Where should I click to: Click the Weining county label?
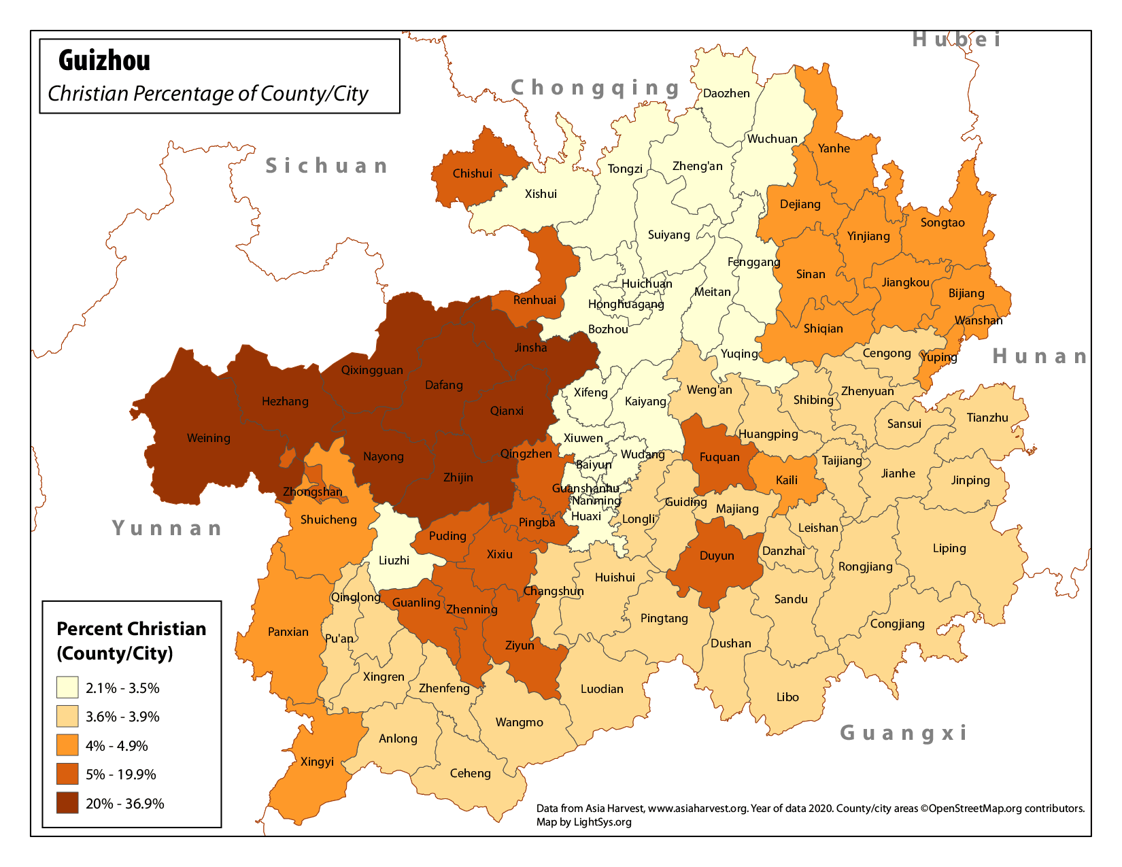208,439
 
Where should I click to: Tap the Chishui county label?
472,173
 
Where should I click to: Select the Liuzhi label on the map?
394,560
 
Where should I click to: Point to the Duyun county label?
717,556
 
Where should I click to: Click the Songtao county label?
942,222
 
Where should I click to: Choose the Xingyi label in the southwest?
317,762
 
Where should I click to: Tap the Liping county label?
949,548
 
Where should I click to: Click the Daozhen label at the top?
726,93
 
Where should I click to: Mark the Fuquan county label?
719,457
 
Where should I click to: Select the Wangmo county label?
519,722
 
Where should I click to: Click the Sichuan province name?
326,166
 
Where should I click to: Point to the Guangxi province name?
903,732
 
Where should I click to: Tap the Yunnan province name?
167,528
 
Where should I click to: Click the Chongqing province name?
595,88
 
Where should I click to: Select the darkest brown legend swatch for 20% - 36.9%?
67,803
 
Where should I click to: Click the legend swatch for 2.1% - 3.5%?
67,687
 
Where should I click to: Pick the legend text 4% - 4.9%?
117,746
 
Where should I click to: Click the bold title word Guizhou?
104,61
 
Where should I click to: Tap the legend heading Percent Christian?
131,629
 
